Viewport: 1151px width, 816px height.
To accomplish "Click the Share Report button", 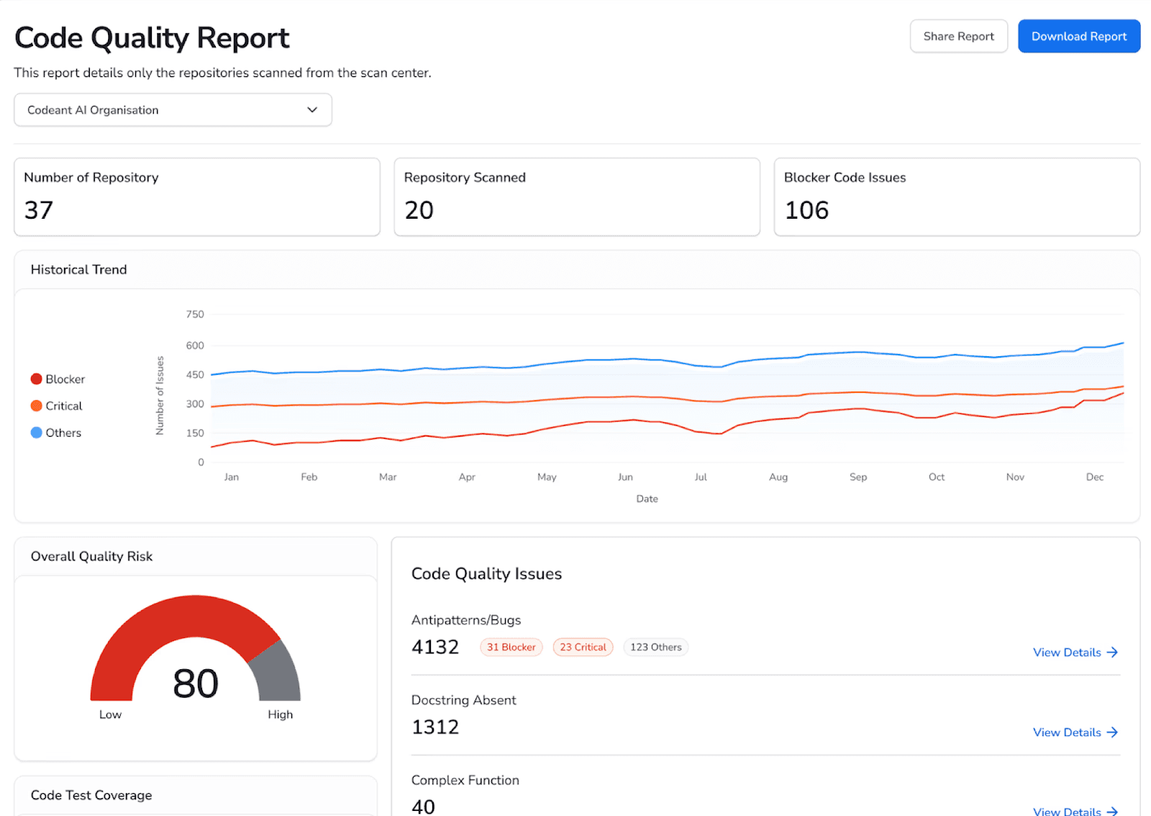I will tap(958, 36).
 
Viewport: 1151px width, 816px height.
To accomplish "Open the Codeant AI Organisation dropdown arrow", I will tap(312, 110).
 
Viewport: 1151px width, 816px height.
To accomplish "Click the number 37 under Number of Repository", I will tap(39, 210).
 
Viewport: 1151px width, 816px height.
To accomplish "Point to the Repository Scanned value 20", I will tap(419, 210).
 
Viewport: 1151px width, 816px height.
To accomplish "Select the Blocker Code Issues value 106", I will tap(806, 210).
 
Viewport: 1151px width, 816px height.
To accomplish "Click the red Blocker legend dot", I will tap(37, 379).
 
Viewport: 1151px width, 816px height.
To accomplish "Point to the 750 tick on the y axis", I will tap(195, 314).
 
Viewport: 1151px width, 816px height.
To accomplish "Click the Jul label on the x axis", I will tap(701, 477).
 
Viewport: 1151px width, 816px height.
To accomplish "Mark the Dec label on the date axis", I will tap(1094, 477).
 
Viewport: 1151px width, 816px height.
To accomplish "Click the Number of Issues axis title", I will tap(160, 396).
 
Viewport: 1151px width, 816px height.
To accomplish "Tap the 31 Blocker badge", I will tap(511, 647).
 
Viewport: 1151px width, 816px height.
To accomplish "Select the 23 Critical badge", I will tap(583, 647).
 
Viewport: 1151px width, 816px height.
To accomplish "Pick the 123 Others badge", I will tap(655, 647).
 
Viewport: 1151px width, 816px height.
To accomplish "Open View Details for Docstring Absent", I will tap(1075, 732).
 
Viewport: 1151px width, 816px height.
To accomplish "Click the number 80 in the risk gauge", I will tap(196, 683).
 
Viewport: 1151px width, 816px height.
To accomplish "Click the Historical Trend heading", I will tap(78, 270).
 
